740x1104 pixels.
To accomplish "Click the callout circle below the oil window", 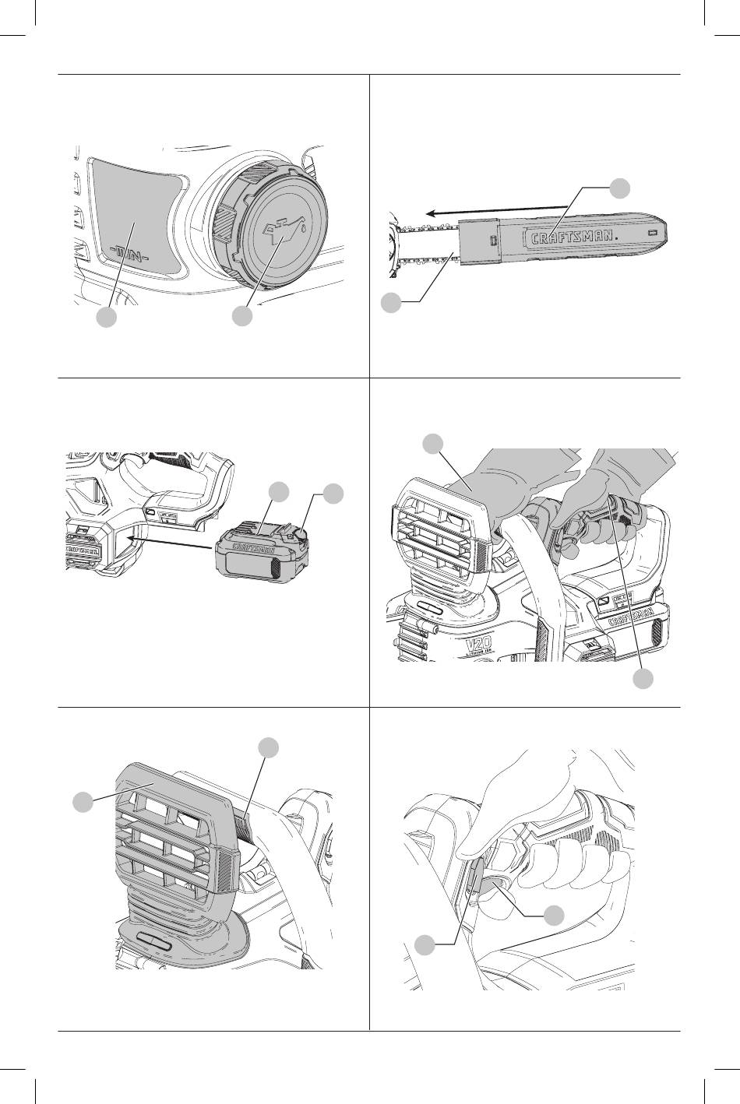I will [107, 318].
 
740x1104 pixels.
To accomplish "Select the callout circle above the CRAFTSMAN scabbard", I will [619, 188].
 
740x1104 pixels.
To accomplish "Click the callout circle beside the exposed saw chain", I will [393, 304].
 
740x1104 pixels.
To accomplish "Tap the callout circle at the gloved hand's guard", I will [432, 445].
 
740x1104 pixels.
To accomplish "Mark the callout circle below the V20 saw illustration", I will [643, 679].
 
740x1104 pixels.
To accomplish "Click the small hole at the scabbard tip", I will [651, 233].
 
